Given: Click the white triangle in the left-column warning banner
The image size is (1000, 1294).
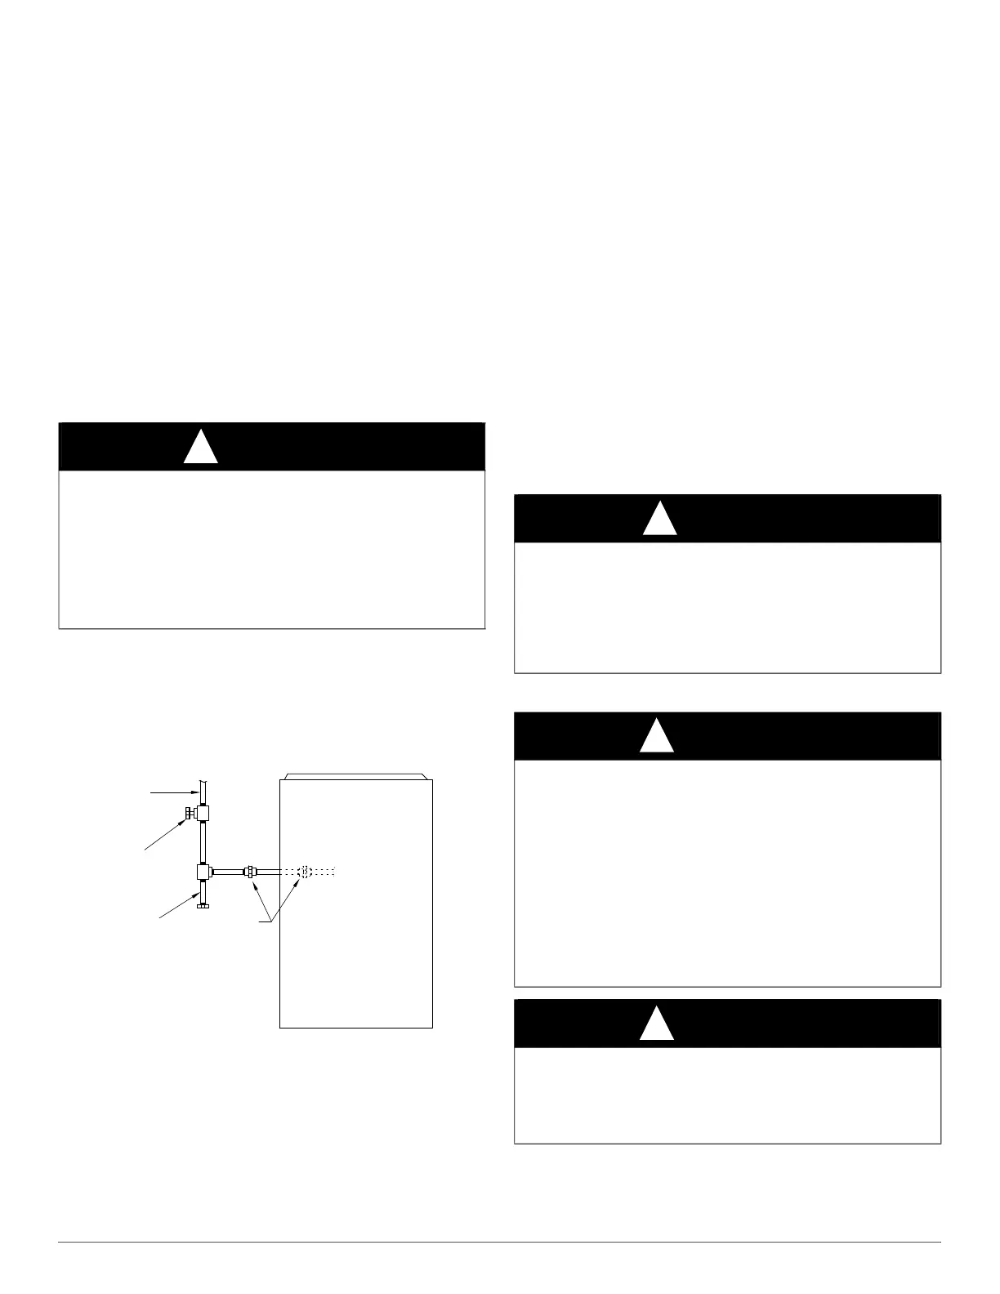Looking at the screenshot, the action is (x=200, y=448).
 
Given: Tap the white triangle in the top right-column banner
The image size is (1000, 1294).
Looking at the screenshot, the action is (x=659, y=520).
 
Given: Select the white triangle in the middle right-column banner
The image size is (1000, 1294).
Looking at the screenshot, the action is (x=656, y=737).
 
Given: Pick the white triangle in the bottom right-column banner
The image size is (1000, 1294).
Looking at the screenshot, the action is (x=656, y=1024).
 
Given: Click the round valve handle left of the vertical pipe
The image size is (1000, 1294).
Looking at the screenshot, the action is (x=187, y=813).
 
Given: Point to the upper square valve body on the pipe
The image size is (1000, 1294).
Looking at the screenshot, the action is (x=203, y=813).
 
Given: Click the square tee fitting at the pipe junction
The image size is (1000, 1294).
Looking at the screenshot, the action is (x=203, y=872).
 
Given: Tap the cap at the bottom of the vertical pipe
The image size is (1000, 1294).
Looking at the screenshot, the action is (x=203, y=904).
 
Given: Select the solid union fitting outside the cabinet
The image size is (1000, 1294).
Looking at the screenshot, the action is (x=250, y=872).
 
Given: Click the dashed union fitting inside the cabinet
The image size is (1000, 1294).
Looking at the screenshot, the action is (x=305, y=872).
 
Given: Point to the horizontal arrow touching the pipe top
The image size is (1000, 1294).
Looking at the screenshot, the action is (x=172, y=792).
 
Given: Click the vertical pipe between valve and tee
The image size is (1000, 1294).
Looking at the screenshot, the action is (x=203, y=842).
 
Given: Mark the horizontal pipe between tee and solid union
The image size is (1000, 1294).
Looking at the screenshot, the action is (x=229, y=872).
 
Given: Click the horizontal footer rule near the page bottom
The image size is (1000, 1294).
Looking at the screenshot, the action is (x=499, y=1243).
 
